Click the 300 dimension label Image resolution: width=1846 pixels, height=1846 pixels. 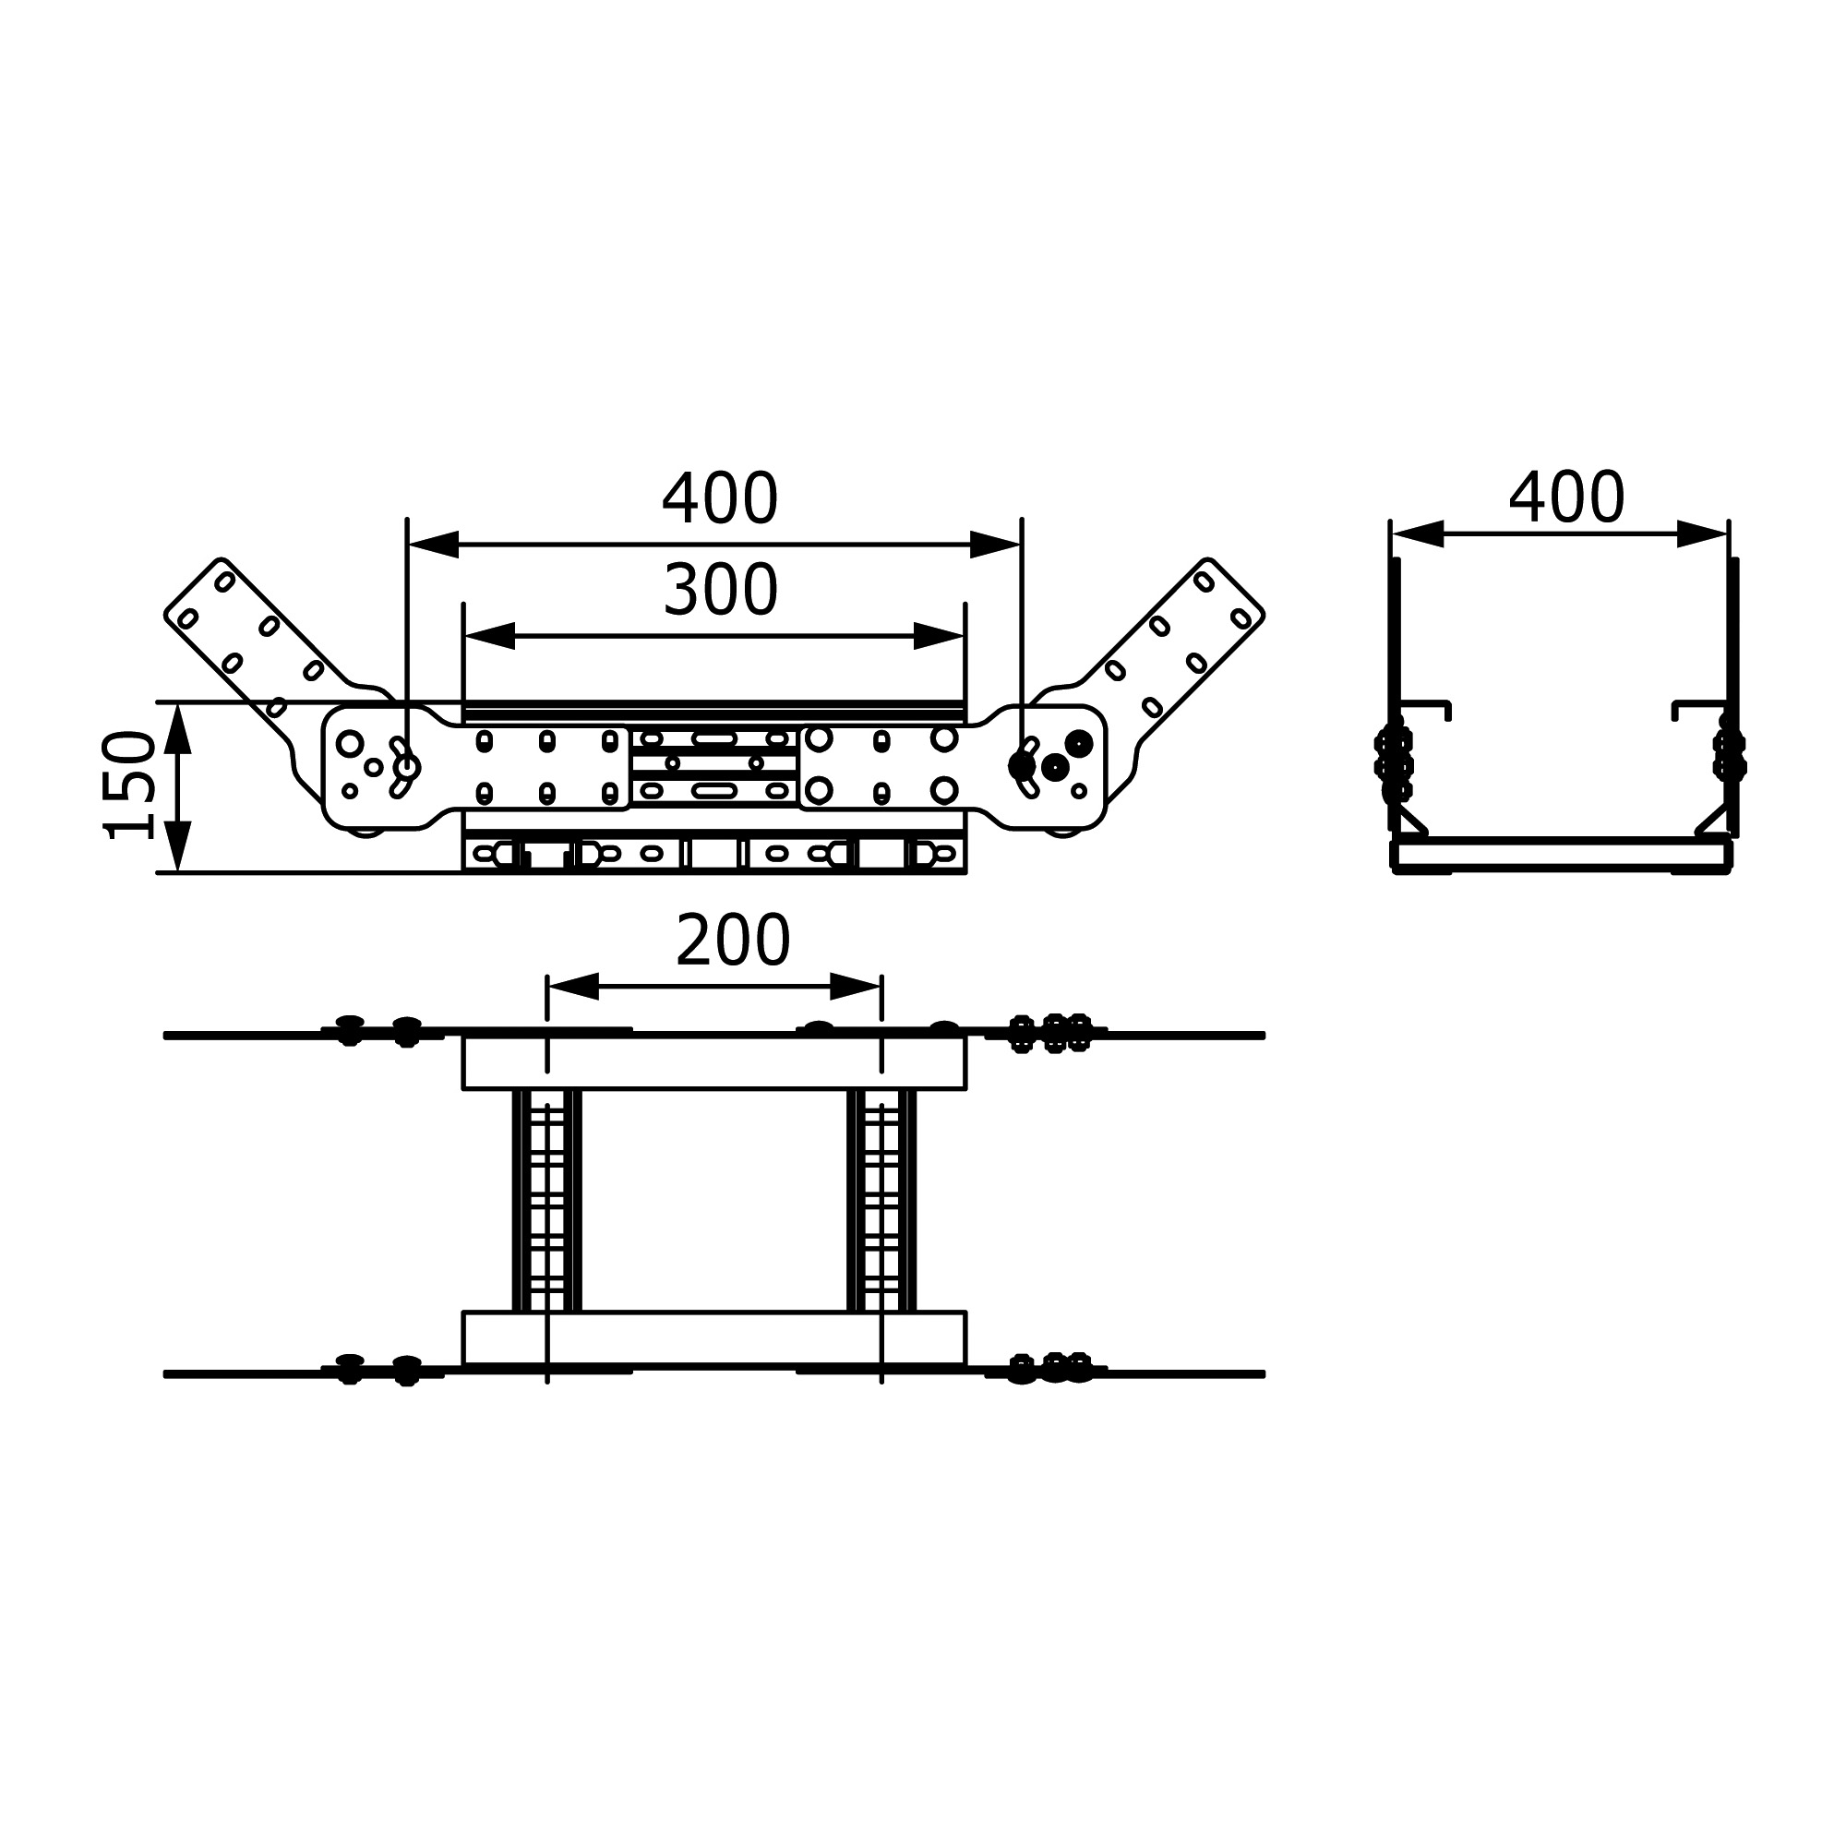click(721, 590)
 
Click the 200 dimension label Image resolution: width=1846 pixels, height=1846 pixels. click(733, 941)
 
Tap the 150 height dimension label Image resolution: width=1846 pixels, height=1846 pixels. click(129, 785)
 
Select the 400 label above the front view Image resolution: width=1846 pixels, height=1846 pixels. click(721, 497)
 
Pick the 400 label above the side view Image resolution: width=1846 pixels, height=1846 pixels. click(1566, 497)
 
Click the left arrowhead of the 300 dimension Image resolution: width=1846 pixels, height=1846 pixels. click(489, 635)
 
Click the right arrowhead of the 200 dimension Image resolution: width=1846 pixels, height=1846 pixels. click(856, 986)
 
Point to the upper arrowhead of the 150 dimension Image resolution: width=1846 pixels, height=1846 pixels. click(178, 728)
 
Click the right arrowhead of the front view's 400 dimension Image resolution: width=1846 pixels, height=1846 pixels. click(996, 544)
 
